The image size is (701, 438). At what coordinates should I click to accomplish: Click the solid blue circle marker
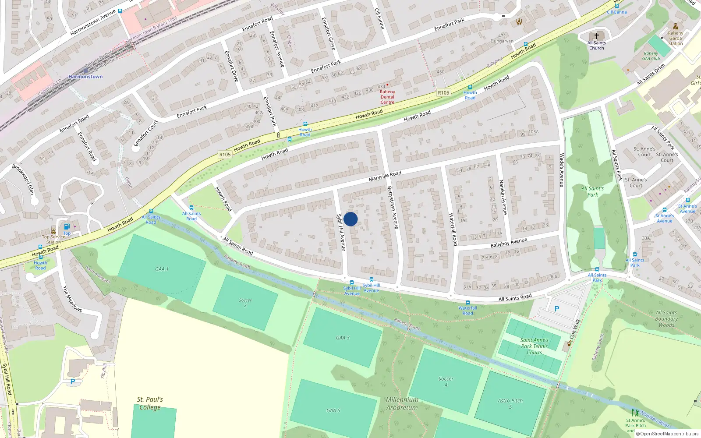tap(350, 219)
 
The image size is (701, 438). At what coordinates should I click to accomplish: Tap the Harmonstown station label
tap(85, 77)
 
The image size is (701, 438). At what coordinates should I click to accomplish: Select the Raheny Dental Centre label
tap(387, 97)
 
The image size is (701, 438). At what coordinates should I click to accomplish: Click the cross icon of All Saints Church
tap(596, 36)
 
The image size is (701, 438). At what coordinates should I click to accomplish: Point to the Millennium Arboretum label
tap(402, 403)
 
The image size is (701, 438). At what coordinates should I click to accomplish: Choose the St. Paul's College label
tap(150, 403)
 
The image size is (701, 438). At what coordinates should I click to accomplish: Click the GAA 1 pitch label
tap(162, 269)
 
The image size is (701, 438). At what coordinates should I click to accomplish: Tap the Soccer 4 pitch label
tap(446, 381)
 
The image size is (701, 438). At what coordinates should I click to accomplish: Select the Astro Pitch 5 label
tap(510, 403)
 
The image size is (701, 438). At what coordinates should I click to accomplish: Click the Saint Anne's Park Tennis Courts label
tap(534, 346)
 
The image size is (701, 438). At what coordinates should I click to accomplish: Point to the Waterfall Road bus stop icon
tap(468, 303)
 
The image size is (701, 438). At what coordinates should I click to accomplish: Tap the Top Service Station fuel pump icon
tap(67, 227)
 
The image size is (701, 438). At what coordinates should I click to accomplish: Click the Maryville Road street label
tap(385, 176)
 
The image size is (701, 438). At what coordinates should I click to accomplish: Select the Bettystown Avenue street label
tap(393, 207)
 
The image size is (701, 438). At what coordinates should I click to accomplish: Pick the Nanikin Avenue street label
tap(503, 197)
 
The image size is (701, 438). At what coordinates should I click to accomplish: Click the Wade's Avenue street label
tap(562, 170)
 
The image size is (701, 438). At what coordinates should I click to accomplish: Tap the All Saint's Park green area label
tap(592, 191)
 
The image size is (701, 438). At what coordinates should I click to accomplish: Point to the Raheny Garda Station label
tap(675, 38)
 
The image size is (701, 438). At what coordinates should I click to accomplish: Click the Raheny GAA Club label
tap(651, 56)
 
